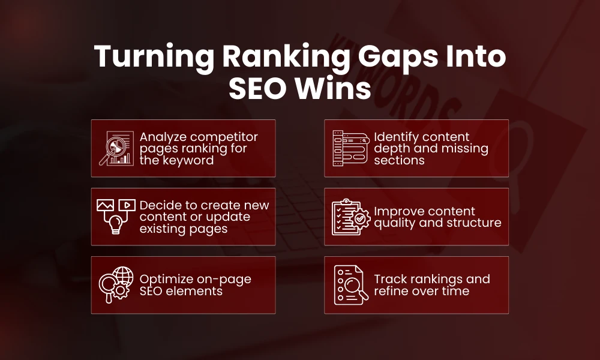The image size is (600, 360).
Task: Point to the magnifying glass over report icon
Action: pos(115,148)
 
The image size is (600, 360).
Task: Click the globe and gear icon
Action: pos(115,285)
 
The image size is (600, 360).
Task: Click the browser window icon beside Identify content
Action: pos(350,148)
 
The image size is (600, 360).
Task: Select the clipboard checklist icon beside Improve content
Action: pos(350,217)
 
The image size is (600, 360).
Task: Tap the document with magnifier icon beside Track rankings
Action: pos(350,285)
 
